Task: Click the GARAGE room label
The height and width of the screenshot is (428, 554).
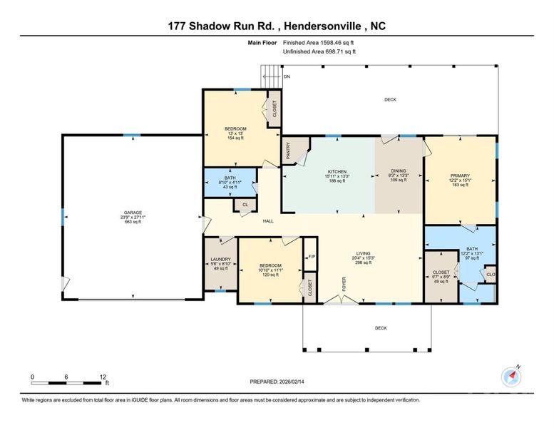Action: pyautogui.click(x=133, y=213)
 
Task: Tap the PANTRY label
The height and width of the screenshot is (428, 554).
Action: pyautogui.click(x=289, y=151)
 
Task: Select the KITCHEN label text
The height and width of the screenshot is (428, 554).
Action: pyautogui.click(x=337, y=172)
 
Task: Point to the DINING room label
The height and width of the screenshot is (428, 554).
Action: pyautogui.click(x=398, y=171)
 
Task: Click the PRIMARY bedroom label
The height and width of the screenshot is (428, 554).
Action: pyautogui.click(x=459, y=175)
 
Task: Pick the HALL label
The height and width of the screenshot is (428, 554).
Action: pyautogui.click(x=268, y=221)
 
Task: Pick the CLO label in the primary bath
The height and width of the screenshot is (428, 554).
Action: pyautogui.click(x=490, y=274)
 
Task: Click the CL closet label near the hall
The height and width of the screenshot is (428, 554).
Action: pyautogui.click(x=245, y=205)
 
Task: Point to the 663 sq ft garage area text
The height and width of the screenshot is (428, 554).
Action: pyautogui.click(x=133, y=223)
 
